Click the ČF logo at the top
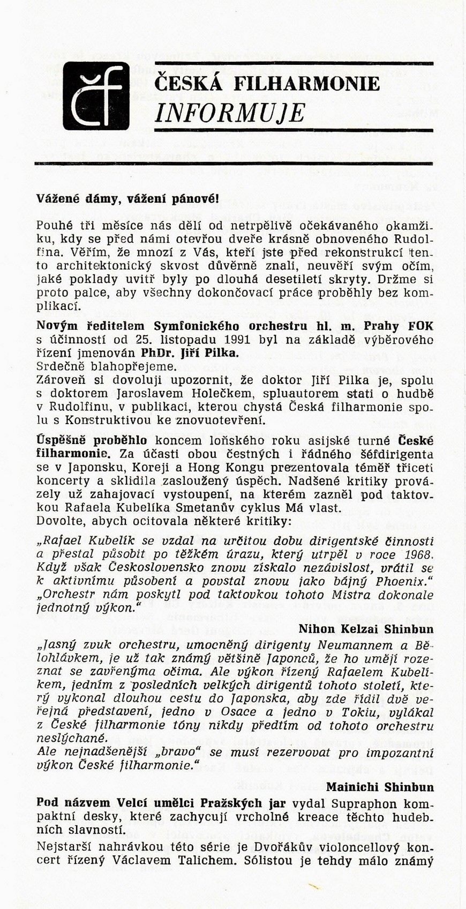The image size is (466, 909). coord(96,96)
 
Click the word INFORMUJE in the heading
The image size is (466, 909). coord(230,113)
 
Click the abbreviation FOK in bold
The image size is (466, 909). coord(420,326)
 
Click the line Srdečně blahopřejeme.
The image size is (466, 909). coord(106,366)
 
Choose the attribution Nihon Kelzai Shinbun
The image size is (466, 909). coord(366,628)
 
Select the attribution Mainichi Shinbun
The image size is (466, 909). coord(380,787)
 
